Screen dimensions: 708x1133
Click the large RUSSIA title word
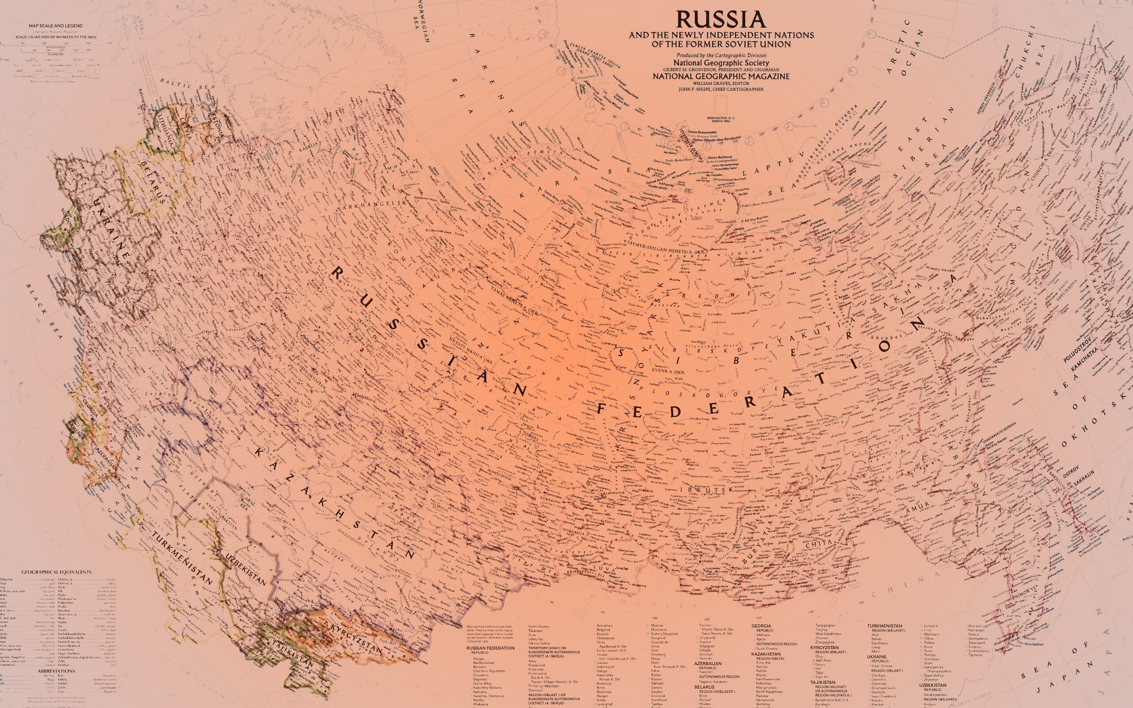pyautogui.click(x=721, y=19)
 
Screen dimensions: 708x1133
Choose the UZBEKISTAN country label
pyautogui.click(x=246, y=569)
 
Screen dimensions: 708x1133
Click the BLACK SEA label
pyautogui.click(x=44, y=312)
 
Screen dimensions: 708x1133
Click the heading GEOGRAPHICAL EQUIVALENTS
pyautogui.click(x=56, y=572)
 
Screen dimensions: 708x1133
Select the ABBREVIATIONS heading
pyautogui.click(x=56, y=671)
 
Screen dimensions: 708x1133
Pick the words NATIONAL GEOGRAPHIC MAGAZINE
pyautogui.click(x=721, y=76)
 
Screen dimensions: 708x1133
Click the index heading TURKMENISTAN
pyautogui.click(x=884, y=626)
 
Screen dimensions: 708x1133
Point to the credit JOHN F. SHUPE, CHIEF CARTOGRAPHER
pyautogui.click(x=721, y=89)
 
